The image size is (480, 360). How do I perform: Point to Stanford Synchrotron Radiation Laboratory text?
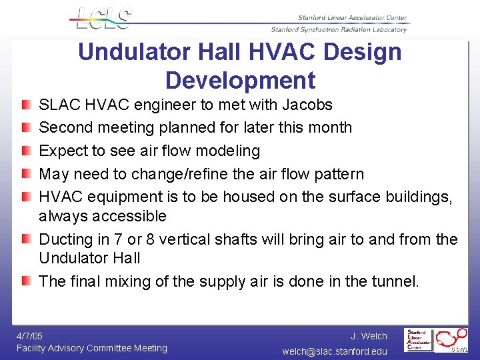coord(339,29)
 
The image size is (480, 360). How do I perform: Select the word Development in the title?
coord(240,80)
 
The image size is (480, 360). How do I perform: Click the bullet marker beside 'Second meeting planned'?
coord(25,127)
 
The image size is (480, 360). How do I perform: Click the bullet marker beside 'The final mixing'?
coord(25,281)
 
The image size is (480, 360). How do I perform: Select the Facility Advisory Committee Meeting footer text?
coord(92,348)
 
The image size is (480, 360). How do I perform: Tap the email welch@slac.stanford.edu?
coord(335,351)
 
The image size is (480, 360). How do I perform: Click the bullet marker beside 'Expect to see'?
coord(25,151)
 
